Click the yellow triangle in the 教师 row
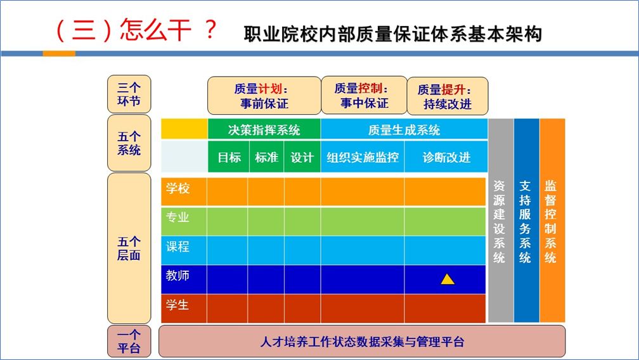tap(448, 280)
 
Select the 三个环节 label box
tap(129, 94)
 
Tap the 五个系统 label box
tap(129, 143)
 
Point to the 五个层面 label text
tap(129, 248)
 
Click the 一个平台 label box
tap(129, 341)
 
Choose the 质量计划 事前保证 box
tap(264, 96)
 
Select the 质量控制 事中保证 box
tap(365, 95)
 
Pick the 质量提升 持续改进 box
tap(448, 96)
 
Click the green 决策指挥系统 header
tap(264, 129)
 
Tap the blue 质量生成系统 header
tap(404, 129)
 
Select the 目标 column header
tap(229, 157)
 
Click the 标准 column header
tap(266, 157)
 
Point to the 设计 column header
tap(302, 157)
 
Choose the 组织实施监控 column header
tap(363, 157)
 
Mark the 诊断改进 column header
tap(446, 157)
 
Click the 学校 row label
tap(177, 188)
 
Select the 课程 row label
tap(177, 247)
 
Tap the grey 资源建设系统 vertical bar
tap(500, 221)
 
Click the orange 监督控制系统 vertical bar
tap(552, 221)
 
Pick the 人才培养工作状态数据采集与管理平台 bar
tap(362, 341)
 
